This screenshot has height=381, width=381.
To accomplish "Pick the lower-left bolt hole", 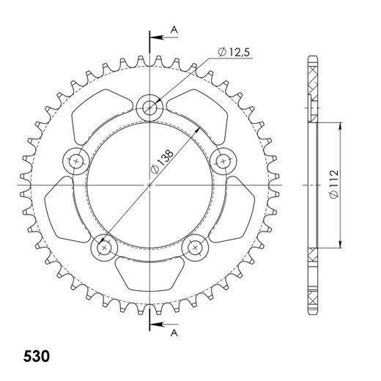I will [x=103, y=248].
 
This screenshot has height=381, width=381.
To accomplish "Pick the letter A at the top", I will [x=174, y=29].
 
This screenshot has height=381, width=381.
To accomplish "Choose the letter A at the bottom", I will [x=174, y=332].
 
